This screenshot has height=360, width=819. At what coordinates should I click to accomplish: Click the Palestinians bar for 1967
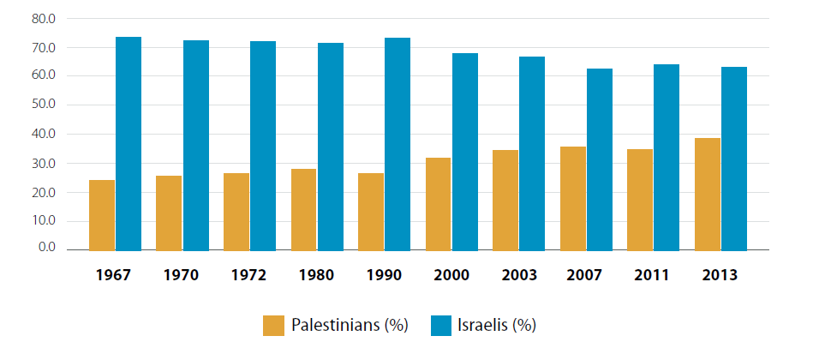pos(102,214)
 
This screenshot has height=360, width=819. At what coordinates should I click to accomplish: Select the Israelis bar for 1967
pos(129,143)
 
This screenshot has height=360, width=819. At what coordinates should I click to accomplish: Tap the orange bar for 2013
pos(708,194)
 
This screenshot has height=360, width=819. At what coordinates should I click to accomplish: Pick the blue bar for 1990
pos(398,143)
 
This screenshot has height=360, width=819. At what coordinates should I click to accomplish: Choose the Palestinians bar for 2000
pos(438,203)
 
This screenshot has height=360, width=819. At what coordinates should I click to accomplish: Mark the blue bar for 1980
pos(331,146)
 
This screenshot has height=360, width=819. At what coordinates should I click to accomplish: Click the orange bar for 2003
pos(505,200)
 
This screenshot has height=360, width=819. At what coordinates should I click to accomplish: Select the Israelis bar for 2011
pos(667,157)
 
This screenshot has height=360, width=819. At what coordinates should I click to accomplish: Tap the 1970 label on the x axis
pos(182,275)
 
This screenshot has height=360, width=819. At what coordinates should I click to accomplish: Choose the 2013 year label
pos(720,275)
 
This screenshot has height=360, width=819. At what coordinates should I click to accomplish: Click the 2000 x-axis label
pos(451,275)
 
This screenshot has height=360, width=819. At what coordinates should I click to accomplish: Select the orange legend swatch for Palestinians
pos(273,326)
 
